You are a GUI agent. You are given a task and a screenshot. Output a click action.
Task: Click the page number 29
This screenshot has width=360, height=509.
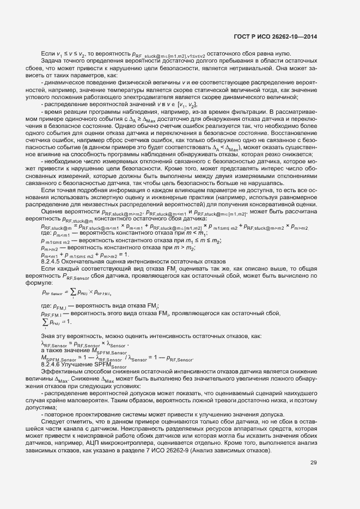[314, 463]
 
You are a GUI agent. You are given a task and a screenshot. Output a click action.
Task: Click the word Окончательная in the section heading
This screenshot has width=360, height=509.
[83, 261]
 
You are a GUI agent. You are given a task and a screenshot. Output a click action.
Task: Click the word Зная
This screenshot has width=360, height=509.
[47, 336]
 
